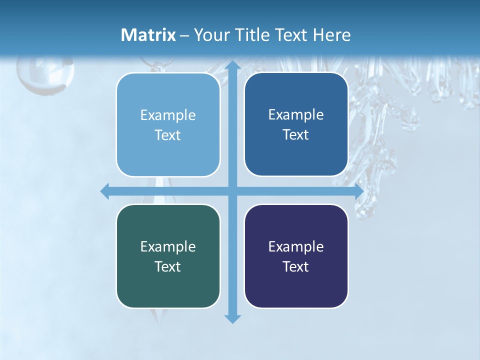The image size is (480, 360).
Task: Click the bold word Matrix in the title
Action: click(148, 34)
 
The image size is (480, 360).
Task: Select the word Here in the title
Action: click(331, 34)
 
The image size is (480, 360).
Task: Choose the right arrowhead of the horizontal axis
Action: click(359, 191)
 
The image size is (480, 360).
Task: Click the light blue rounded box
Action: click(168, 124)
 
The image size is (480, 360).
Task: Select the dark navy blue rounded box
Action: click(296, 124)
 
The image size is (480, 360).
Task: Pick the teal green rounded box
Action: click(168, 256)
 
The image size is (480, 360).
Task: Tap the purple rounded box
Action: click(296, 256)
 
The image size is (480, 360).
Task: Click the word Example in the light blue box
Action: click(168, 115)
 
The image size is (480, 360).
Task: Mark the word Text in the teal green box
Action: click(168, 266)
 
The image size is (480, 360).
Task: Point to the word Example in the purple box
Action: click(296, 246)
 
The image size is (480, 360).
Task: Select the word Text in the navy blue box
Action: click(296, 135)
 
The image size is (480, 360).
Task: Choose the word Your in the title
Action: click(210, 34)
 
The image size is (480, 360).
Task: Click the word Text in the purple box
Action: click(296, 266)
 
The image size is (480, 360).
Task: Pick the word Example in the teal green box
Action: click(168, 246)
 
